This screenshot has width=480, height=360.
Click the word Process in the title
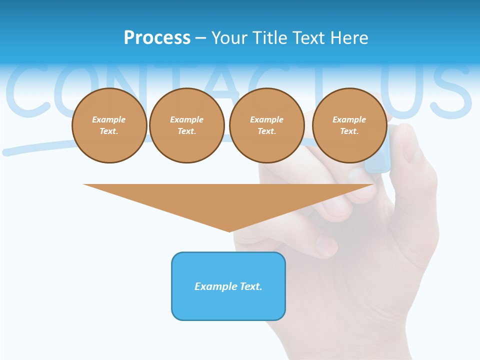click(157, 38)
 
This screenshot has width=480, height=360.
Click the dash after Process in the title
click(200, 38)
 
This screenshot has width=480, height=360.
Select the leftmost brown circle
click(109, 125)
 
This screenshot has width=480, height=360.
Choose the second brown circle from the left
click(187, 125)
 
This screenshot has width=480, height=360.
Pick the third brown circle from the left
click(267, 125)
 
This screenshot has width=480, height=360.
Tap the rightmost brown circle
click(349, 125)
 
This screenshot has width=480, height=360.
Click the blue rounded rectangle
click(228, 286)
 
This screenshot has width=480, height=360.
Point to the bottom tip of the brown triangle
click(229, 230)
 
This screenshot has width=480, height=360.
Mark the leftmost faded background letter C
click(27, 90)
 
